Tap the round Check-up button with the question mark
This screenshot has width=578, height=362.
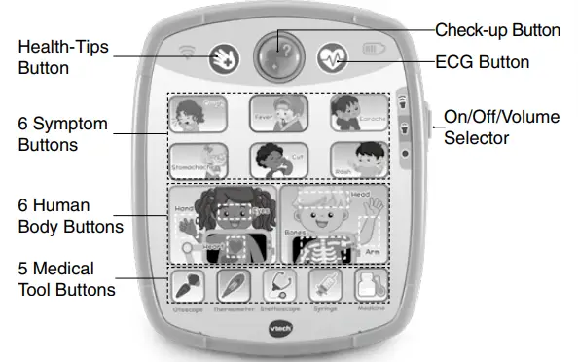coord(280,54)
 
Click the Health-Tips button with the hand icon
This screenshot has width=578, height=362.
coord(224,57)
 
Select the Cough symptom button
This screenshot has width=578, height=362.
coord(199,114)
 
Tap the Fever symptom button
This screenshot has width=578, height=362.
coord(278,114)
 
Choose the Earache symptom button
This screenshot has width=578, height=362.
coord(358,114)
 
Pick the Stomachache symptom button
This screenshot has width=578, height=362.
coord(199,161)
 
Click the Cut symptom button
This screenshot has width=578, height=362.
coord(278,161)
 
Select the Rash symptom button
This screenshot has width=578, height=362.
coord(358,161)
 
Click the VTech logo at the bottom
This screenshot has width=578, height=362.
coord(278,329)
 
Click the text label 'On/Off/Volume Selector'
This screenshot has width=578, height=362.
coord(501,127)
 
